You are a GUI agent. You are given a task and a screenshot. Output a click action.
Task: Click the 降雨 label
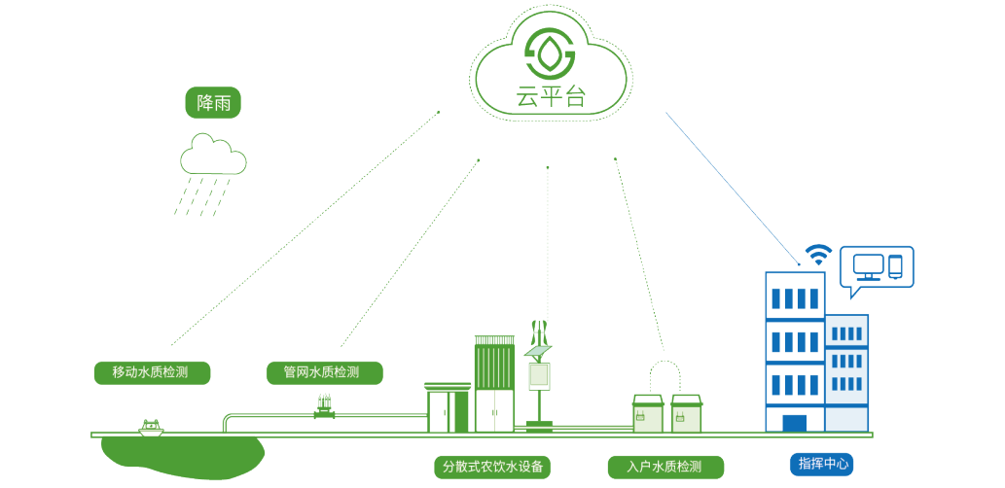(x=213, y=104)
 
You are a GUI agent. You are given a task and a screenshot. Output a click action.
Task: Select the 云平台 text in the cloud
(x=551, y=97)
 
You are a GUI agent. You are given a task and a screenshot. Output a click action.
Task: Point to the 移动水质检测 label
(x=150, y=372)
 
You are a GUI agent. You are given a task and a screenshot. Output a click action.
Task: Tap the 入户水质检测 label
(x=667, y=467)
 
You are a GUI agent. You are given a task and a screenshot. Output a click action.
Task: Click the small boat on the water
(x=150, y=427)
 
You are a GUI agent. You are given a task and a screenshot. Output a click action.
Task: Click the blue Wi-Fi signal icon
(x=819, y=255)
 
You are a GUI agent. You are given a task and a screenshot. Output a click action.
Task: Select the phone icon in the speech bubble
(x=895, y=263)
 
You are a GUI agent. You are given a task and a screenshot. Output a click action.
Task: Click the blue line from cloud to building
(x=730, y=185)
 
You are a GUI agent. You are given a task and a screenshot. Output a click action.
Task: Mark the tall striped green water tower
(x=494, y=384)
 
